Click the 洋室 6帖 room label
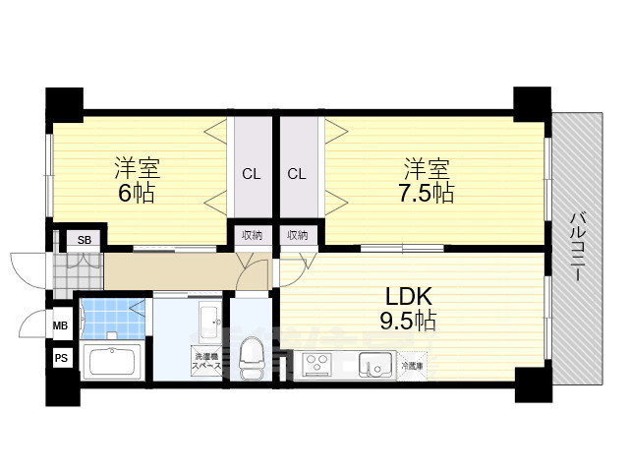[137, 178]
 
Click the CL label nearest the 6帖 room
[252, 175]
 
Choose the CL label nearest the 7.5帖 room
[297, 175]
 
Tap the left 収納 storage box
[252, 235]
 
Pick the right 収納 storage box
[297, 235]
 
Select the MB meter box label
[60, 325]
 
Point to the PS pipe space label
[60, 360]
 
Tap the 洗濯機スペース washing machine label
[205, 360]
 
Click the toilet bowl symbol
[252, 356]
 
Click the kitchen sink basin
[374, 367]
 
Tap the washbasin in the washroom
[208, 319]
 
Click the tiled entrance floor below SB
[77, 269]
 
